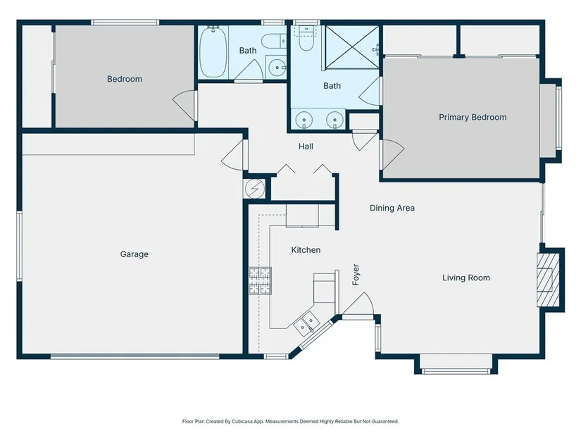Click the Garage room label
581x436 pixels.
(x=134, y=254)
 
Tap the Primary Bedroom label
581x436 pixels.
(x=473, y=118)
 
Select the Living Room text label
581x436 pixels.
(x=466, y=278)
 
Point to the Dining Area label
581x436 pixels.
(x=392, y=208)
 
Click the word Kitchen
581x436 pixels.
(x=306, y=250)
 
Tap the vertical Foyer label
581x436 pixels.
(x=356, y=275)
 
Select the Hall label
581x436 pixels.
(x=306, y=147)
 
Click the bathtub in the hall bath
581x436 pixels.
(x=213, y=52)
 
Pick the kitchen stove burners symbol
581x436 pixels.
(x=260, y=280)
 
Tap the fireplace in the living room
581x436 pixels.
(x=548, y=280)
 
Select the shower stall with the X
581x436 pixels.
(x=352, y=47)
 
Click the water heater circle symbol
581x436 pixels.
(x=255, y=189)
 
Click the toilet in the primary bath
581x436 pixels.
(x=306, y=39)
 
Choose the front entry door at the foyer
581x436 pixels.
(x=358, y=305)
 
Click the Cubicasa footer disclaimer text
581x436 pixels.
(x=290, y=421)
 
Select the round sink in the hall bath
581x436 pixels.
(x=276, y=68)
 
